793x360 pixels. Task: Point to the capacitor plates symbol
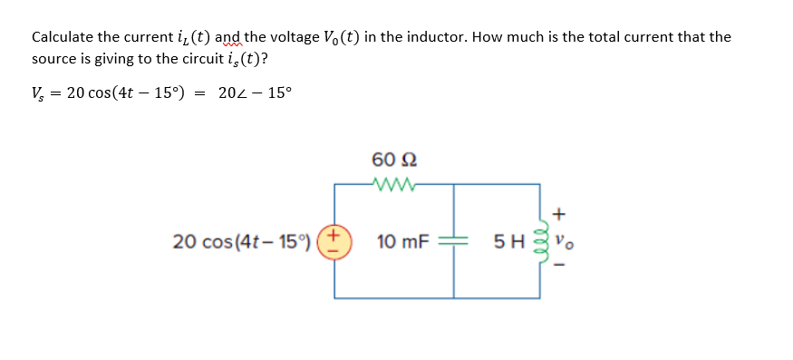[453, 242]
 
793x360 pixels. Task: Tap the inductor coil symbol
[542, 242]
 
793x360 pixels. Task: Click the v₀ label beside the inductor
[562, 242]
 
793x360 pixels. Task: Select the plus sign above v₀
[561, 215]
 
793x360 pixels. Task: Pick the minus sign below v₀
[561, 266]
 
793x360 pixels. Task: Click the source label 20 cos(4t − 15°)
[241, 242]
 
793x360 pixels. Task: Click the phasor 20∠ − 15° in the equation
[256, 93]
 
